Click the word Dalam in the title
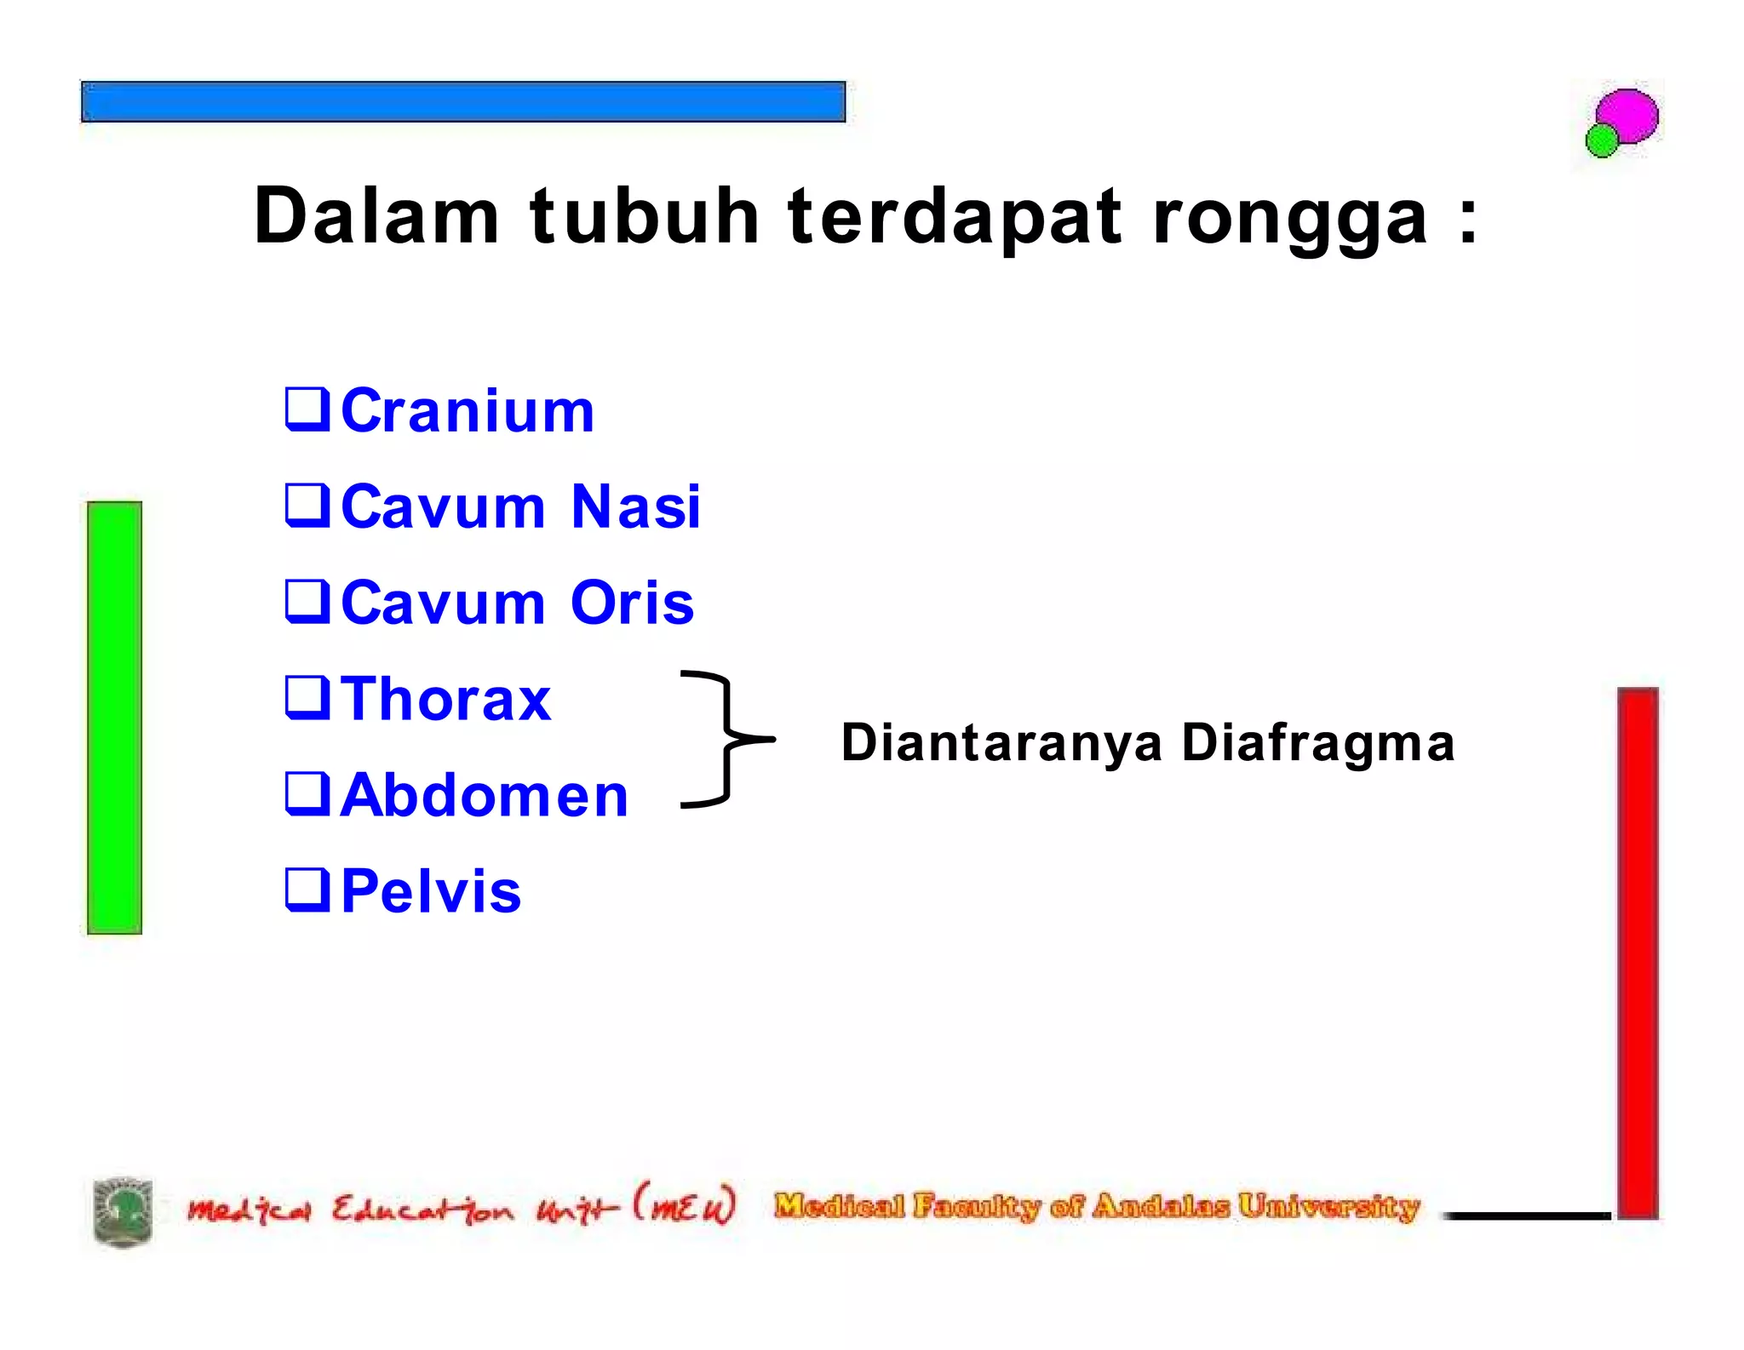(376, 216)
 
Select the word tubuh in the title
(644, 216)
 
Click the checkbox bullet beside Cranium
(307, 409)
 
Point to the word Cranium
(467, 411)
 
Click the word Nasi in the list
(635, 507)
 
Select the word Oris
(632, 603)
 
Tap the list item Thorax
(445, 700)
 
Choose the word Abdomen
(484, 796)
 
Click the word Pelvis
(431, 892)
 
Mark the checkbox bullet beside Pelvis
(307, 890)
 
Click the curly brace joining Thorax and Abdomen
(725, 738)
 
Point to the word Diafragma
(1317, 742)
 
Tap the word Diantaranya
(1001, 742)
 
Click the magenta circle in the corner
(1628, 116)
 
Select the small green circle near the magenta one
(1602, 140)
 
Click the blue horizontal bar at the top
(463, 102)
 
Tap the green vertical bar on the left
(115, 717)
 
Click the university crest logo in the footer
(123, 1212)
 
